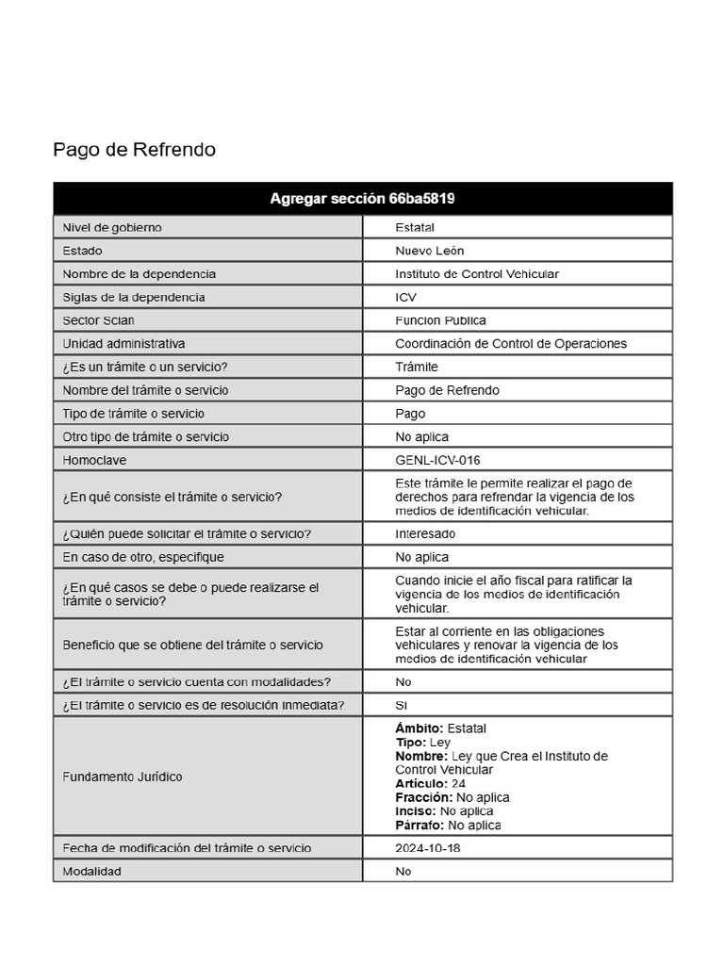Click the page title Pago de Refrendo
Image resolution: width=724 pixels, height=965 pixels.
click(134, 150)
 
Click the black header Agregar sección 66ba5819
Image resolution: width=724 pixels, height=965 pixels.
click(363, 199)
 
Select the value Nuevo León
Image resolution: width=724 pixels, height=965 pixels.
click(429, 251)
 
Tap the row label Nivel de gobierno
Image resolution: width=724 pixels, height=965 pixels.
click(112, 227)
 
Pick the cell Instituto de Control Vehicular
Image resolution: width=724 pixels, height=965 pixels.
click(476, 274)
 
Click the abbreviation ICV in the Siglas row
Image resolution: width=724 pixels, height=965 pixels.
click(405, 297)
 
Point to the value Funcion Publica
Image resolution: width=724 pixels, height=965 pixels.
click(440, 320)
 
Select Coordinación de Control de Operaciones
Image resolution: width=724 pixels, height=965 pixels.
click(510, 344)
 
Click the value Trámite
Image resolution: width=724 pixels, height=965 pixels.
click(417, 367)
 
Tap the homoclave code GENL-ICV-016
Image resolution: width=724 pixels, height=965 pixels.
click(437, 460)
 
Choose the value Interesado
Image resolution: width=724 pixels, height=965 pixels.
click(425, 533)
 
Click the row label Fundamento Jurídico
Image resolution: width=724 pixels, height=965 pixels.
click(123, 777)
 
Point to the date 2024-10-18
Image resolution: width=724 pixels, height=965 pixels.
click(428, 848)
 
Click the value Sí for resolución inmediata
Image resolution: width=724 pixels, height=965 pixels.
click(402, 705)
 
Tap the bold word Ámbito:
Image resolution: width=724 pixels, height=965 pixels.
click(419, 728)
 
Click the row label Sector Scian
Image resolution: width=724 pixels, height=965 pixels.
click(98, 320)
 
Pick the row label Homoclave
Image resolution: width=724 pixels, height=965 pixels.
click(94, 460)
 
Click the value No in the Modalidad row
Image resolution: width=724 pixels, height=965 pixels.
click(403, 872)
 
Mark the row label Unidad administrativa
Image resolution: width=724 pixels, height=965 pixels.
click(123, 344)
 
